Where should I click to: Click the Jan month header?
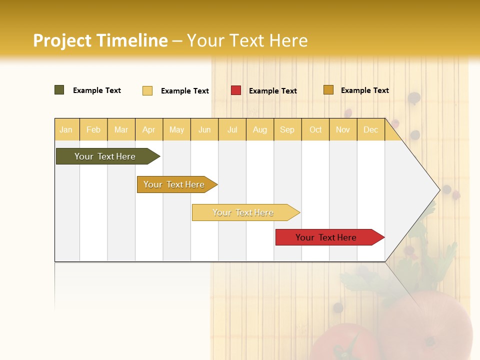66,130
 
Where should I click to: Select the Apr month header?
148,130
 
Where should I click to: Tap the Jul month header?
232,130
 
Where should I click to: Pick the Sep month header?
287,130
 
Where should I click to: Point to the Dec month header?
370,130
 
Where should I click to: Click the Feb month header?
93,130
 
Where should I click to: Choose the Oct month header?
315,130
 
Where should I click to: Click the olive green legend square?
59,90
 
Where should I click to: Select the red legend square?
236,90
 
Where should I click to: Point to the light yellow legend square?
147,90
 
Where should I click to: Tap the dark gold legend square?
328,90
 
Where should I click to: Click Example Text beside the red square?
272,91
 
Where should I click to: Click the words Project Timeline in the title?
100,40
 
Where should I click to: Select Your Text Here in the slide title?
247,40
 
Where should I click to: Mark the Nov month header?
343,130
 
